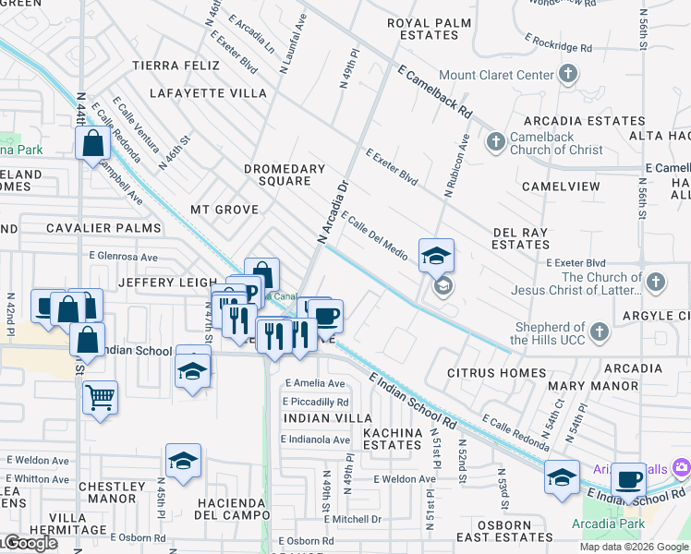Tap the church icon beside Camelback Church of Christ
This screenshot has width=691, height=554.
pos(496,141)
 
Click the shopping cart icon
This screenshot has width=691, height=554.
pos(100,398)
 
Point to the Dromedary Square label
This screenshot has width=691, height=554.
pos(285,175)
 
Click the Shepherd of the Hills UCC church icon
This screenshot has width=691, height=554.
pos(600,331)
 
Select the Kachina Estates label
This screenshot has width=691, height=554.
pos(392,438)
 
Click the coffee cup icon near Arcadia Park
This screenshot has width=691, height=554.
pos(628,479)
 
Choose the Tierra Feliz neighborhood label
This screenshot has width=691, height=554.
pos(176,66)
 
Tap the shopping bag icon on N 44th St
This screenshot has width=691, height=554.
pos(92,144)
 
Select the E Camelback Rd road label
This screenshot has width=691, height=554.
pos(435,90)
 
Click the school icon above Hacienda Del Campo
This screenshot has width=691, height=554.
pos(183,461)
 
